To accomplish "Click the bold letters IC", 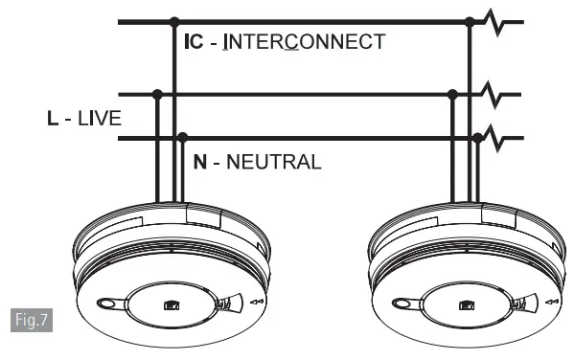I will [x=194, y=42].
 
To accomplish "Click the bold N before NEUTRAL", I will [x=199, y=162].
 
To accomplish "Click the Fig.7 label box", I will [x=33, y=319].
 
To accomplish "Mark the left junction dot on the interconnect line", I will [x=173, y=20].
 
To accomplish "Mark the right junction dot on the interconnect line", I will [x=469, y=20].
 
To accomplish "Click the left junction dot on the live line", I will [x=156, y=94].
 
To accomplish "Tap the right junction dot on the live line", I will [x=452, y=94].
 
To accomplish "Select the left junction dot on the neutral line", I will [x=183, y=138].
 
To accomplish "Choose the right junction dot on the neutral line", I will [x=478, y=138].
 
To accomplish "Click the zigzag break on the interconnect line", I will [x=494, y=20].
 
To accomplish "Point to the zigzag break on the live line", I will [x=494, y=94].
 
